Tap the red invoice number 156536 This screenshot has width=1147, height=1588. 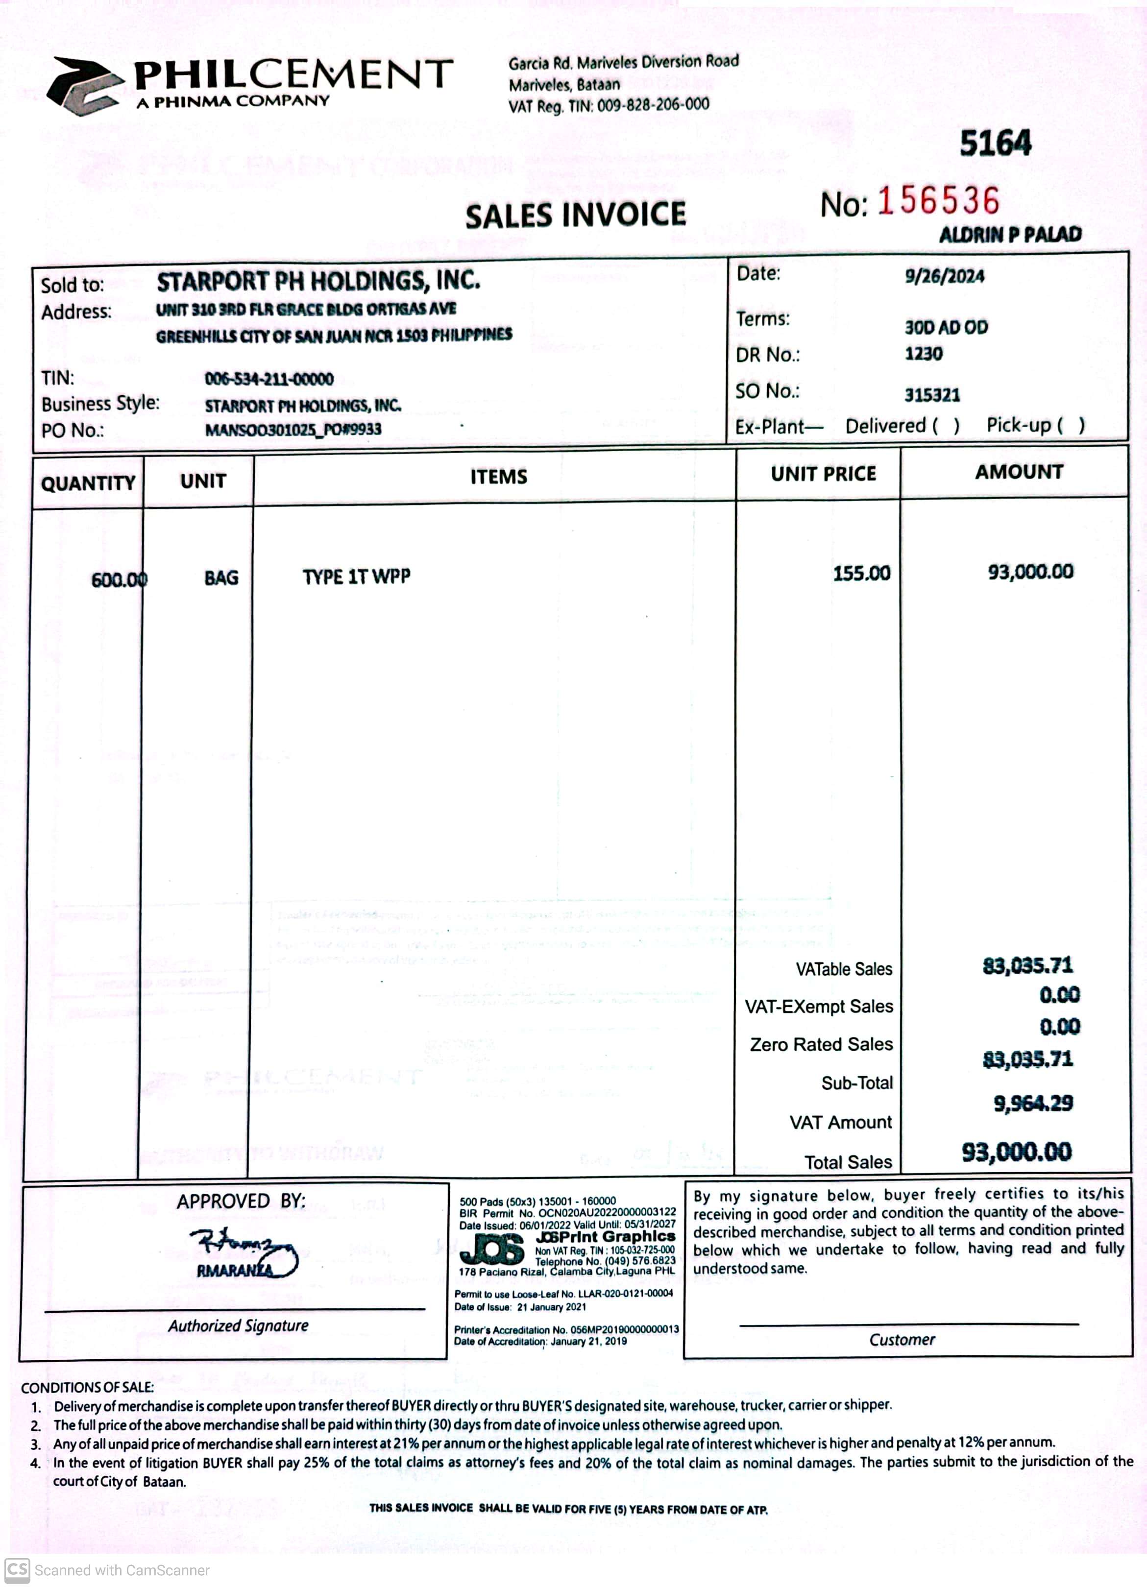(938, 201)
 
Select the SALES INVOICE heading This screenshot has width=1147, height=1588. (576, 215)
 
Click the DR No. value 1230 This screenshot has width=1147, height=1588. (924, 354)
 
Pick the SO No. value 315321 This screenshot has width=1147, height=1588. (932, 395)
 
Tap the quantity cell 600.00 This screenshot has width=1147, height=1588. (119, 580)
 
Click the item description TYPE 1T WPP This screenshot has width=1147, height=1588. (356, 577)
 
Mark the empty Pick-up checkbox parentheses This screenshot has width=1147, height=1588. (1071, 425)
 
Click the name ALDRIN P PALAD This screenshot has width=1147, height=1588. (1010, 235)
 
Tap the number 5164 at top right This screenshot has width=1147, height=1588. (995, 144)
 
